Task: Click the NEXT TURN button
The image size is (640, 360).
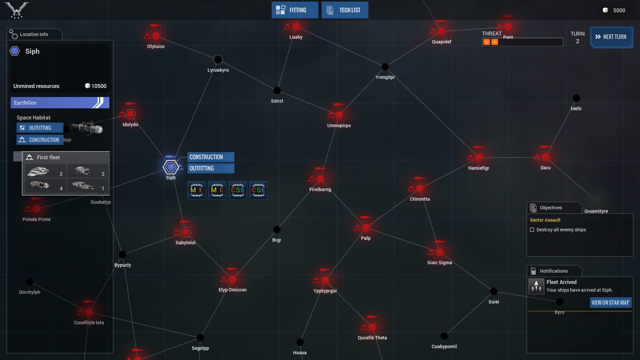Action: tap(611, 37)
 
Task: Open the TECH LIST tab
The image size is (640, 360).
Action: tap(345, 10)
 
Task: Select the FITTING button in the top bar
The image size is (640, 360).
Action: tap(295, 10)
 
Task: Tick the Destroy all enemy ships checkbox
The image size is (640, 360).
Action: tap(532, 230)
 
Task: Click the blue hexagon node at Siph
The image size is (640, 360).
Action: tap(171, 167)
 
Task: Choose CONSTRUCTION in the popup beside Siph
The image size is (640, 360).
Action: tap(211, 157)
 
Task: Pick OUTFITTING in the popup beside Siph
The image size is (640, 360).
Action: tap(211, 168)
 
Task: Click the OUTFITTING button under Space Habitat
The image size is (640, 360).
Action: tap(40, 128)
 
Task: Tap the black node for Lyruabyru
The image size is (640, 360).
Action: tap(218, 59)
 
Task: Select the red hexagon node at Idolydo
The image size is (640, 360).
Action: tap(130, 114)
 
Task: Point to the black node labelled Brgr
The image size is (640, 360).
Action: tap(277, 230)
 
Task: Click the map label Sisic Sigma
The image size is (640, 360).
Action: tap(440, 263)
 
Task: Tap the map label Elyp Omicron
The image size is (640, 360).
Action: tap(232, 290)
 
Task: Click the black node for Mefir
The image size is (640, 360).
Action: tap(576, 98)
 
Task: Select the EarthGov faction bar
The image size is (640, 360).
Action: tap(60, 103)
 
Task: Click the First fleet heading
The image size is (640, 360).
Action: tap(48, 157)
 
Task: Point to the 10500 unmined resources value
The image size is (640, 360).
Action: tap(99, 86)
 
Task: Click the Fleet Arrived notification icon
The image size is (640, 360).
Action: tap(536, 286)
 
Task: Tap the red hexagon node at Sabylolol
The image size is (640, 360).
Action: tap(185, 232)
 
